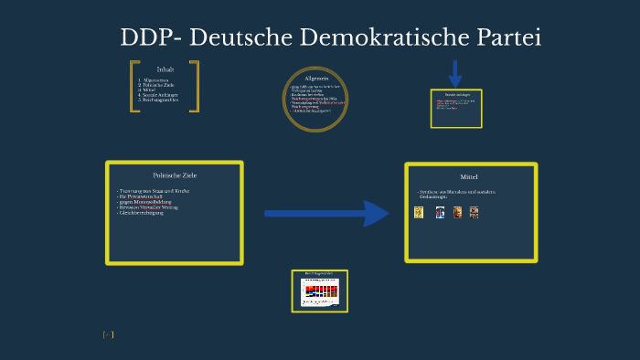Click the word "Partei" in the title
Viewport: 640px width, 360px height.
point(502,38)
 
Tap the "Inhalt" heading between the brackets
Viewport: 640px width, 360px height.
point(165,69)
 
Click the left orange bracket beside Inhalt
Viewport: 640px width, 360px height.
point(134,87)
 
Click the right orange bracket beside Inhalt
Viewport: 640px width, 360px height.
point(195,87)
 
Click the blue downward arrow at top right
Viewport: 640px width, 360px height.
point(454,73)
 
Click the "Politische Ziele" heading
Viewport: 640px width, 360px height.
point(175,175)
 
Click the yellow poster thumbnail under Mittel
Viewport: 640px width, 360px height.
point(419,212)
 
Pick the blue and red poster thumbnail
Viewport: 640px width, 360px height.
point(439,212)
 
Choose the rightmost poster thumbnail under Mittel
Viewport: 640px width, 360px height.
point(474,212)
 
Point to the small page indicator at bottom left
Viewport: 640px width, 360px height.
point(108,335)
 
